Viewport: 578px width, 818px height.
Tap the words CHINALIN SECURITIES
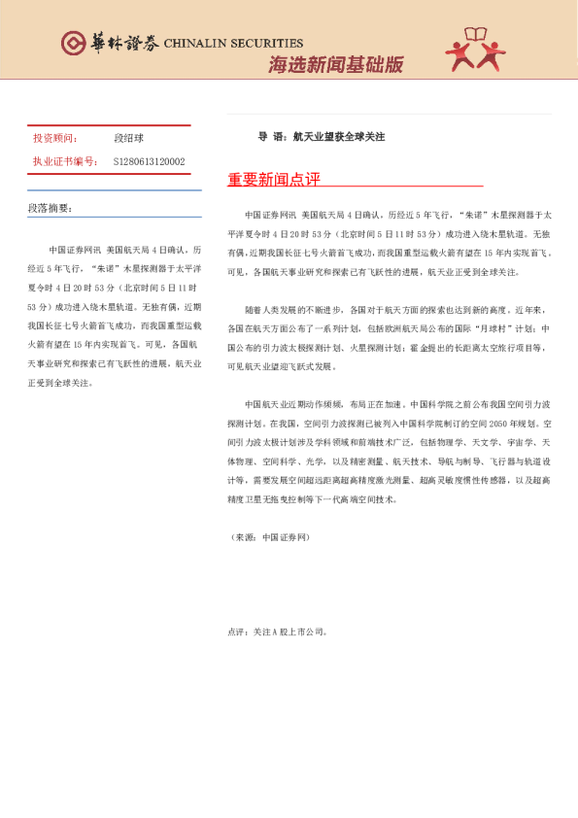(x=233, y=44)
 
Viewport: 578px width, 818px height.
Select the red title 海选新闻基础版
(x=335, y=66)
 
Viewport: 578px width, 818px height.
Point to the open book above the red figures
(x=477, y=35)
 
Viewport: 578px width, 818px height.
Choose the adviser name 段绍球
(x=129, y=139)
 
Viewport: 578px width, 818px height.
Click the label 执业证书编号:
(x=65, y=161)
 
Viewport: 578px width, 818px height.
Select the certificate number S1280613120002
(x=149, y=161)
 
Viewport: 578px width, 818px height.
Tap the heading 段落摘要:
(x=50, y=208)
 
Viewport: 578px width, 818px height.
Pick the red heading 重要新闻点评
(x=274, y=180)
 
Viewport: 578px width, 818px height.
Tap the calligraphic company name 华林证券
(x=122, y=44)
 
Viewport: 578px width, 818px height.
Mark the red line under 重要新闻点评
(x=355, y=187)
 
